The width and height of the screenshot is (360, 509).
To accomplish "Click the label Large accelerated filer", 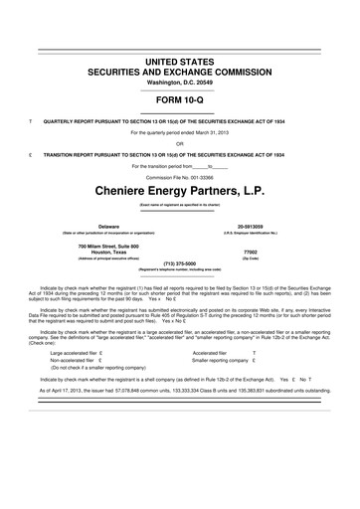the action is (x=76, y=381).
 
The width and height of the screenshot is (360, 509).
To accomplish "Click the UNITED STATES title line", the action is (x=180, y=62).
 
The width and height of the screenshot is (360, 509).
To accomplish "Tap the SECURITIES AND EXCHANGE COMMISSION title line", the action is (x=180, y=72).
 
